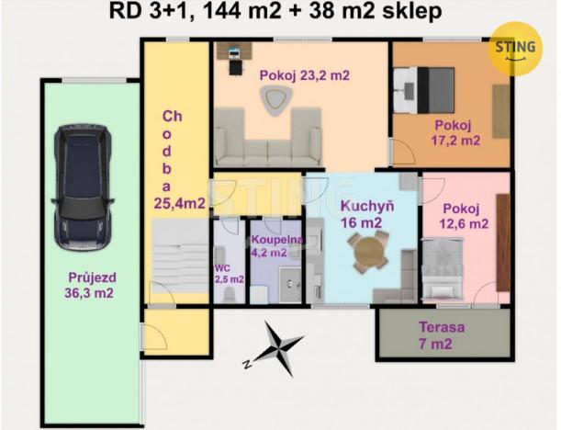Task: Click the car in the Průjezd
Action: (x=83, y=187)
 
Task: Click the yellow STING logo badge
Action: (x=516, y=49)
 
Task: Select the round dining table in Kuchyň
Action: (x=368, y=252)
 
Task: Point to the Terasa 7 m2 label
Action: (x=442, y=335)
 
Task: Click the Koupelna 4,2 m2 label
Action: (x=277, y=246)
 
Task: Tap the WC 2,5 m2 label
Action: (x=229, y=274)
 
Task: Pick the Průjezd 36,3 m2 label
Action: (x=90, y=286)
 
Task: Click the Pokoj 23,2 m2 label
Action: (x=305, y=75)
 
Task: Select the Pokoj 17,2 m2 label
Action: (x=455, y=133)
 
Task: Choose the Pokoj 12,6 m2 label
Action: (x=464, y=216)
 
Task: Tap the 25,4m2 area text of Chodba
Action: (x=179, y=203)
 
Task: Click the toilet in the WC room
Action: (x=230, y=295)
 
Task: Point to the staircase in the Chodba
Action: (x=180, y=262)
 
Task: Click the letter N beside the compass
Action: (x=247, y=364)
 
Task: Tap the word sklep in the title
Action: (x=412, y=12)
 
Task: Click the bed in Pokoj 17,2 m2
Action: (x=424, y=90)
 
